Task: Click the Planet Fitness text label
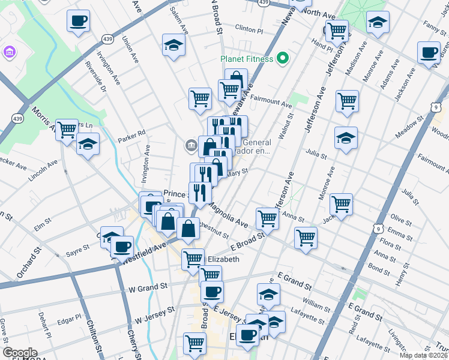[x=247, y=59]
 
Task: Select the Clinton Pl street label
[x=249, y=28]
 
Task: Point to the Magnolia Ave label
[x=228, y=214]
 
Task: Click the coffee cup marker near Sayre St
[x=122, y=246]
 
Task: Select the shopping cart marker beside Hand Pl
[x=337, y=29]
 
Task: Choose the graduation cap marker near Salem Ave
[x=173, y=45]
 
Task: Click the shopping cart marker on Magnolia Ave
[x=267, y=218]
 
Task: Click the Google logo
[x=20, y=353]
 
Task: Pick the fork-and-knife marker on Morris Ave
[x=66, y=129]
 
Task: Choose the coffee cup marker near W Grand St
[x=211, y=292]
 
